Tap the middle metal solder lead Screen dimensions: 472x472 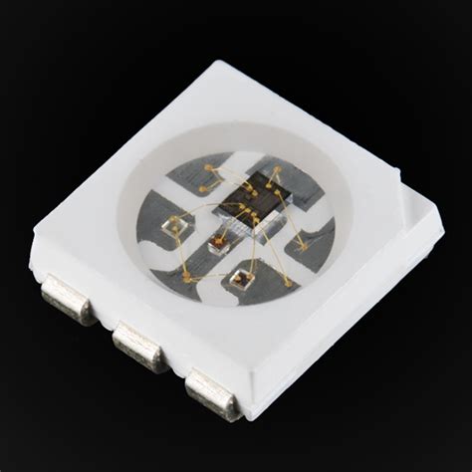pos(138,346)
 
